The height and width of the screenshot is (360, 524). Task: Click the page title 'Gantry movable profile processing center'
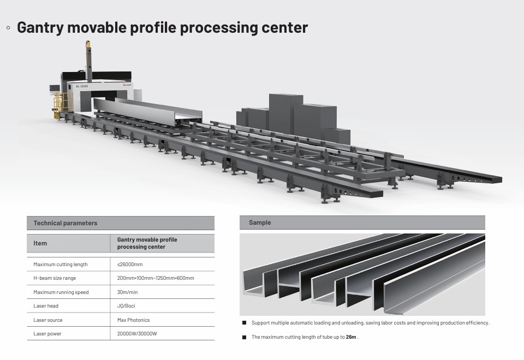click(x=162, y=27)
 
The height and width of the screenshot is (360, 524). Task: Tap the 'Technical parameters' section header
click(x=65, y=223)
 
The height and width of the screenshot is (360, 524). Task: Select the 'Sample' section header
click(x=260, y=223)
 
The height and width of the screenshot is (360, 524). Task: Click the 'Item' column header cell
click(x=40, y=243)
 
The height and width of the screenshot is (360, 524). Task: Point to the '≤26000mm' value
click(x=130, y=265)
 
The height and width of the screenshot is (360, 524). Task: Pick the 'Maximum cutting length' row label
click(x=60, y=265)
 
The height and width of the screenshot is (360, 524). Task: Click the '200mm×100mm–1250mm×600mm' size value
click(x=156, y=278)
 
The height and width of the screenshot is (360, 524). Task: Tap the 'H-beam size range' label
click(x=55, y=278)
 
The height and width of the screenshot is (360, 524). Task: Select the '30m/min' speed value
click(x=127, y=292)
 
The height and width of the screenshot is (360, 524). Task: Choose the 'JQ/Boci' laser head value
click(x=126, y=306)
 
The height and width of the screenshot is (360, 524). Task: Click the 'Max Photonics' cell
click(x=133, y=320)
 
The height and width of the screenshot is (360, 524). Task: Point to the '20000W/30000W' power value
click(x=136, y=334)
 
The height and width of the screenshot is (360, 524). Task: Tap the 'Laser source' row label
click(x=48, y=320)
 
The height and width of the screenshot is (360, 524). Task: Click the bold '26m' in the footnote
click(x=350, y=337)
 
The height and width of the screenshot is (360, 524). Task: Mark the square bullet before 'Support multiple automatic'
click(x=244, y=323)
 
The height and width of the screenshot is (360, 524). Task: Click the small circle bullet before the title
click(x=8, y=27)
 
